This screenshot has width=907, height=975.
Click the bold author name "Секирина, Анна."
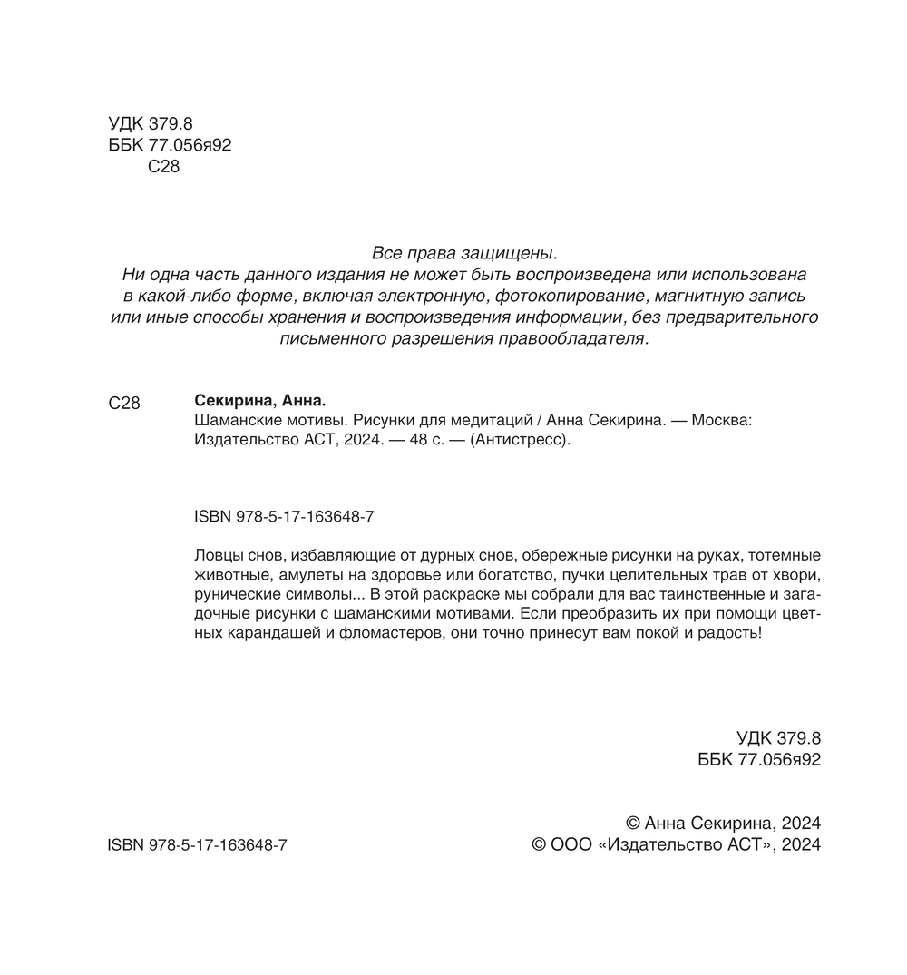[x=259, y=402]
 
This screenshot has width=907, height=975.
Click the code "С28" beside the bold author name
[x=123, y=404]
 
